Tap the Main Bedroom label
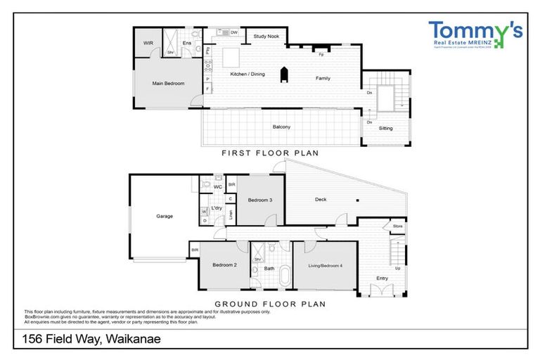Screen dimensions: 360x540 (x=168, y=84)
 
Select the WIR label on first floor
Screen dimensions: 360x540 (x=148, y=43)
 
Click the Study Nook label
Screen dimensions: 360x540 (x=266, y=36)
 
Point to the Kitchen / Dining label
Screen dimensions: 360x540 (x=247, y=74)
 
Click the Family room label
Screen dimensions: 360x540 (x=323, y=78)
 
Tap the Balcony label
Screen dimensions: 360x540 (x=281, y=127)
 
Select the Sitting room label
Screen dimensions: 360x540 (x=385, y=128)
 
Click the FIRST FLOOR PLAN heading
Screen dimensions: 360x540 (x=270, y=153)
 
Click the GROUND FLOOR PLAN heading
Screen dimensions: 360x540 (x=270, y=304)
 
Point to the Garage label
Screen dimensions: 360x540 (x=164, y=217)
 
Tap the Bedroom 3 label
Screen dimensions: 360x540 (x=259, y=200)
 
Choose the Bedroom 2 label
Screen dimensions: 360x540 (x=224, y=264)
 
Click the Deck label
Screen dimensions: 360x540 (x=320, y=200)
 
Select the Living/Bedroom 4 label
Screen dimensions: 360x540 (x=324, y=265)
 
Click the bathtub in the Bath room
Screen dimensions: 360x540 (x=284, y=276)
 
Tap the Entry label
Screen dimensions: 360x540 (x=382, y=278)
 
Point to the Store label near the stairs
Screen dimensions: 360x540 (x=397, y=226)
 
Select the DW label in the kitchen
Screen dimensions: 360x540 (x=233, y=33)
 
